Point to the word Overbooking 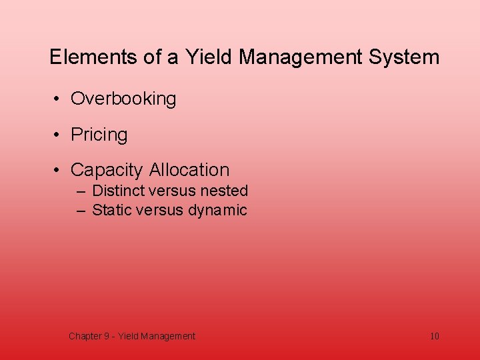(x=123, y=99)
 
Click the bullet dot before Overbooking (x=59, y=99)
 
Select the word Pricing (x=99, y=135)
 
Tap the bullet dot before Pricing (x=59, y=135)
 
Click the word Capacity (x=107, y=170)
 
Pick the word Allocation (x=189, y=170)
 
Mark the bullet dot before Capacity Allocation (x=59, y=171)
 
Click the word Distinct (x=117, y=191)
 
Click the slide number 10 (x=435, y=336)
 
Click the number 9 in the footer (x=107, y=336)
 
